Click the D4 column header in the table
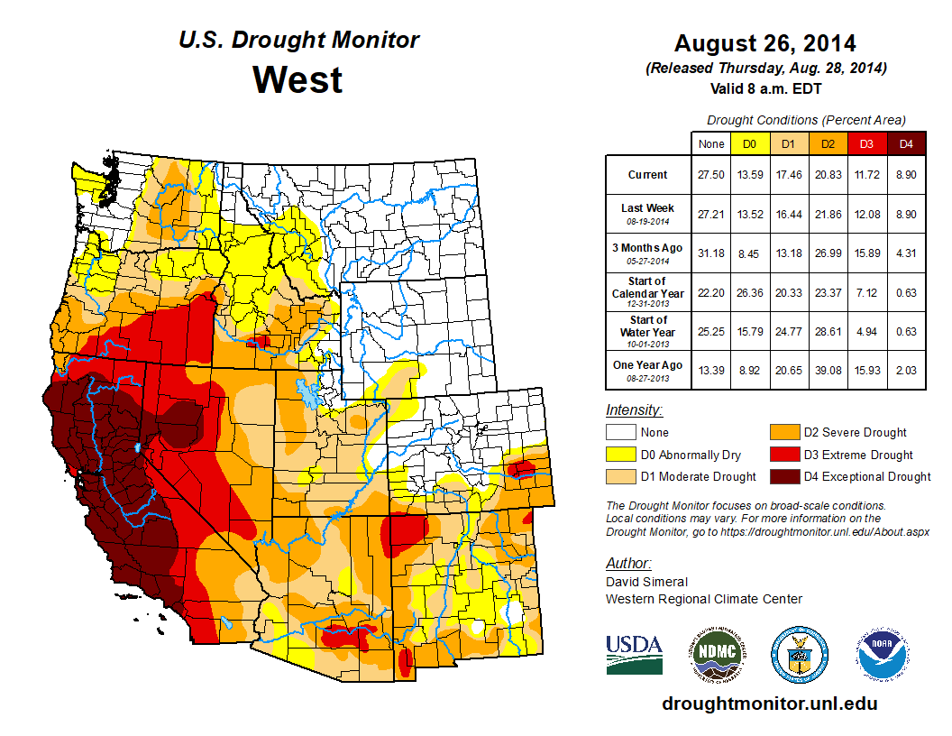[x=906, y=143]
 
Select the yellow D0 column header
[x=749, y=143]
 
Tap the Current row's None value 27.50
[x=710, y=175]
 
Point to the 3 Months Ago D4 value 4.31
[x=906, y=253]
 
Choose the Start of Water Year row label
[x=647, y=331]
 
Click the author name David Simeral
[x=645, y=582]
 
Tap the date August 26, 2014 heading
[x=764, y=43]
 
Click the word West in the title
[x=297, y=79]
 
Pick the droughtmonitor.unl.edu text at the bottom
[x=769, y=704]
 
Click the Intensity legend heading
[x=634, y=410]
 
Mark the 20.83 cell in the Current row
[x=828, y=175]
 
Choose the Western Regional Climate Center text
[x=703, y=599]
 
